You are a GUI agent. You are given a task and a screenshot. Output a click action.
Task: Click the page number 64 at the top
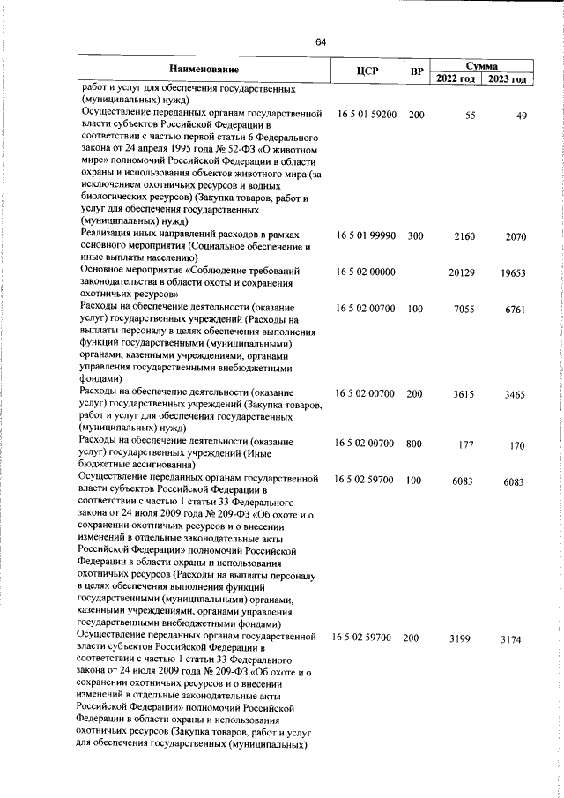tap(321, 42)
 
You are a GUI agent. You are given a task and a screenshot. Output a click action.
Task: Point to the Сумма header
tap(482, 64)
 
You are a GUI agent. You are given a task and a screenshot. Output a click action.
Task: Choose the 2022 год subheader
tap(456, 78)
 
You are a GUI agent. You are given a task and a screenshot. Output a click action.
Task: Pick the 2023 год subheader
tap(508, 78)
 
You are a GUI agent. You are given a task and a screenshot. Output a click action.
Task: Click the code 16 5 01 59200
tap(367, 116)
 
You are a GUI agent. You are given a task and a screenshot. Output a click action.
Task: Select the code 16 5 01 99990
tap(367, 235)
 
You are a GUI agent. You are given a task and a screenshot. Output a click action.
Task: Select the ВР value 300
tap(416, 235)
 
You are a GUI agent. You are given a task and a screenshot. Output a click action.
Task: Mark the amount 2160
tap(464, 235)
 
